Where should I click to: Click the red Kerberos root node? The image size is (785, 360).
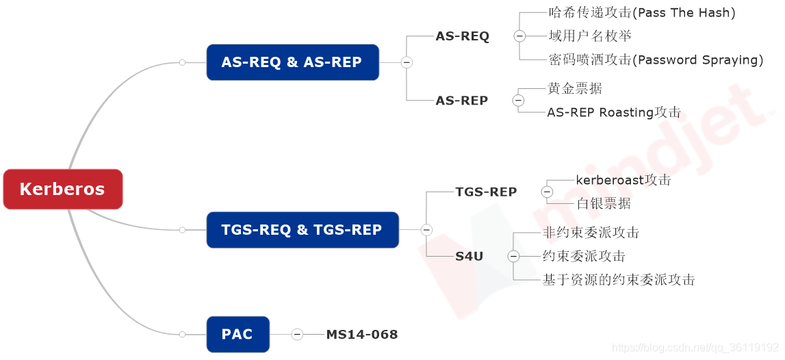tap(62, 189)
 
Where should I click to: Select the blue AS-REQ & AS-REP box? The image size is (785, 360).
tap(292, 62)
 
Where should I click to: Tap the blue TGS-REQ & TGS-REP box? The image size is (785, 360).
tap(302, 230)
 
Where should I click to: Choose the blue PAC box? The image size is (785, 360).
tap(237, 335)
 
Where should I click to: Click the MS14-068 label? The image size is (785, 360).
tap(361, 335)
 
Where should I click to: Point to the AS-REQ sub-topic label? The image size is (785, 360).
tap(463, 36)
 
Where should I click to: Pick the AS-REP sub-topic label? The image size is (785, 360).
tap(462, 101)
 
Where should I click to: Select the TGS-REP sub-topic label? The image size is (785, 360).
tap(486, 192)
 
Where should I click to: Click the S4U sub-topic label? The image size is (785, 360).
tap(469, 257)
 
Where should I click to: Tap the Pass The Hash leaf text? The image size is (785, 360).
tap(642, 12)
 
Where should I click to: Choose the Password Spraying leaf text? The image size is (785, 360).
tap(656, 60)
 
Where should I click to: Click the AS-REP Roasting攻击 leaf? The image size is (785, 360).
tap(614, 112)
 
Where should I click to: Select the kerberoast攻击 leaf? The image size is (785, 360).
tap(623, 180)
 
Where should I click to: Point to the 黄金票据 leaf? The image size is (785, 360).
tap(575, 88)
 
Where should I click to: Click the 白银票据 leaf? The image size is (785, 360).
tap(604, 203)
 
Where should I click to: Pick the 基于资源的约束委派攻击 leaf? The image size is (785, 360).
tap(619, 279)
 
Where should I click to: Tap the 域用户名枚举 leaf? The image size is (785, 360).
tap(590, 36)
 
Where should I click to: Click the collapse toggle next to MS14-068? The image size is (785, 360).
tap(297, 335)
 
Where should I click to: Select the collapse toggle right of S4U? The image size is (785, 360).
tap(514, 257)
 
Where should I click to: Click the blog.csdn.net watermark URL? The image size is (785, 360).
tap(695, 348)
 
